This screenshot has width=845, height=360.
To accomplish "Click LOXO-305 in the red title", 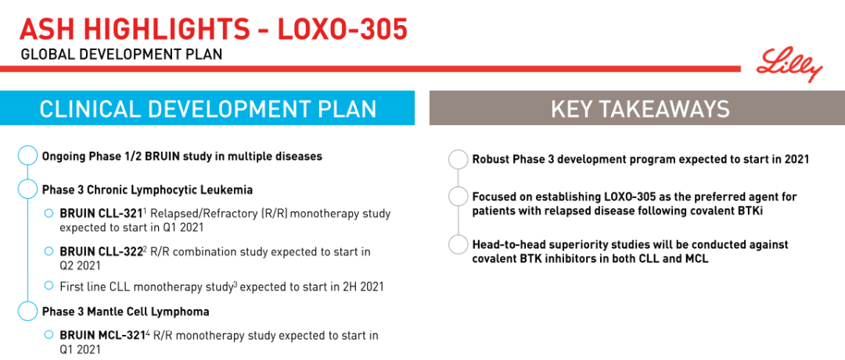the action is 342,30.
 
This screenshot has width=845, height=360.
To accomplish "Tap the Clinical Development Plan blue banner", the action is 207,108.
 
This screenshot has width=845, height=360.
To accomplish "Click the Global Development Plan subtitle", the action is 121,55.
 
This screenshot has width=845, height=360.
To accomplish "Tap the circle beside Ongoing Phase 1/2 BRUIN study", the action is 27,156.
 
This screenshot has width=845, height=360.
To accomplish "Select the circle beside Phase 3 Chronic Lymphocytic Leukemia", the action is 27,189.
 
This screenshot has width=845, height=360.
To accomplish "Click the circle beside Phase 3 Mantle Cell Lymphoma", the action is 27,311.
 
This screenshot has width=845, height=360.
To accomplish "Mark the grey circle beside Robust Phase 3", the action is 458,160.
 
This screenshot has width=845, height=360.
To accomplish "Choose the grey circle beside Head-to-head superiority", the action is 458,245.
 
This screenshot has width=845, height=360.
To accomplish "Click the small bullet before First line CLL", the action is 49,285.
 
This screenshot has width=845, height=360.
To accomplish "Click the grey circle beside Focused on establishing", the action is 458,196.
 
